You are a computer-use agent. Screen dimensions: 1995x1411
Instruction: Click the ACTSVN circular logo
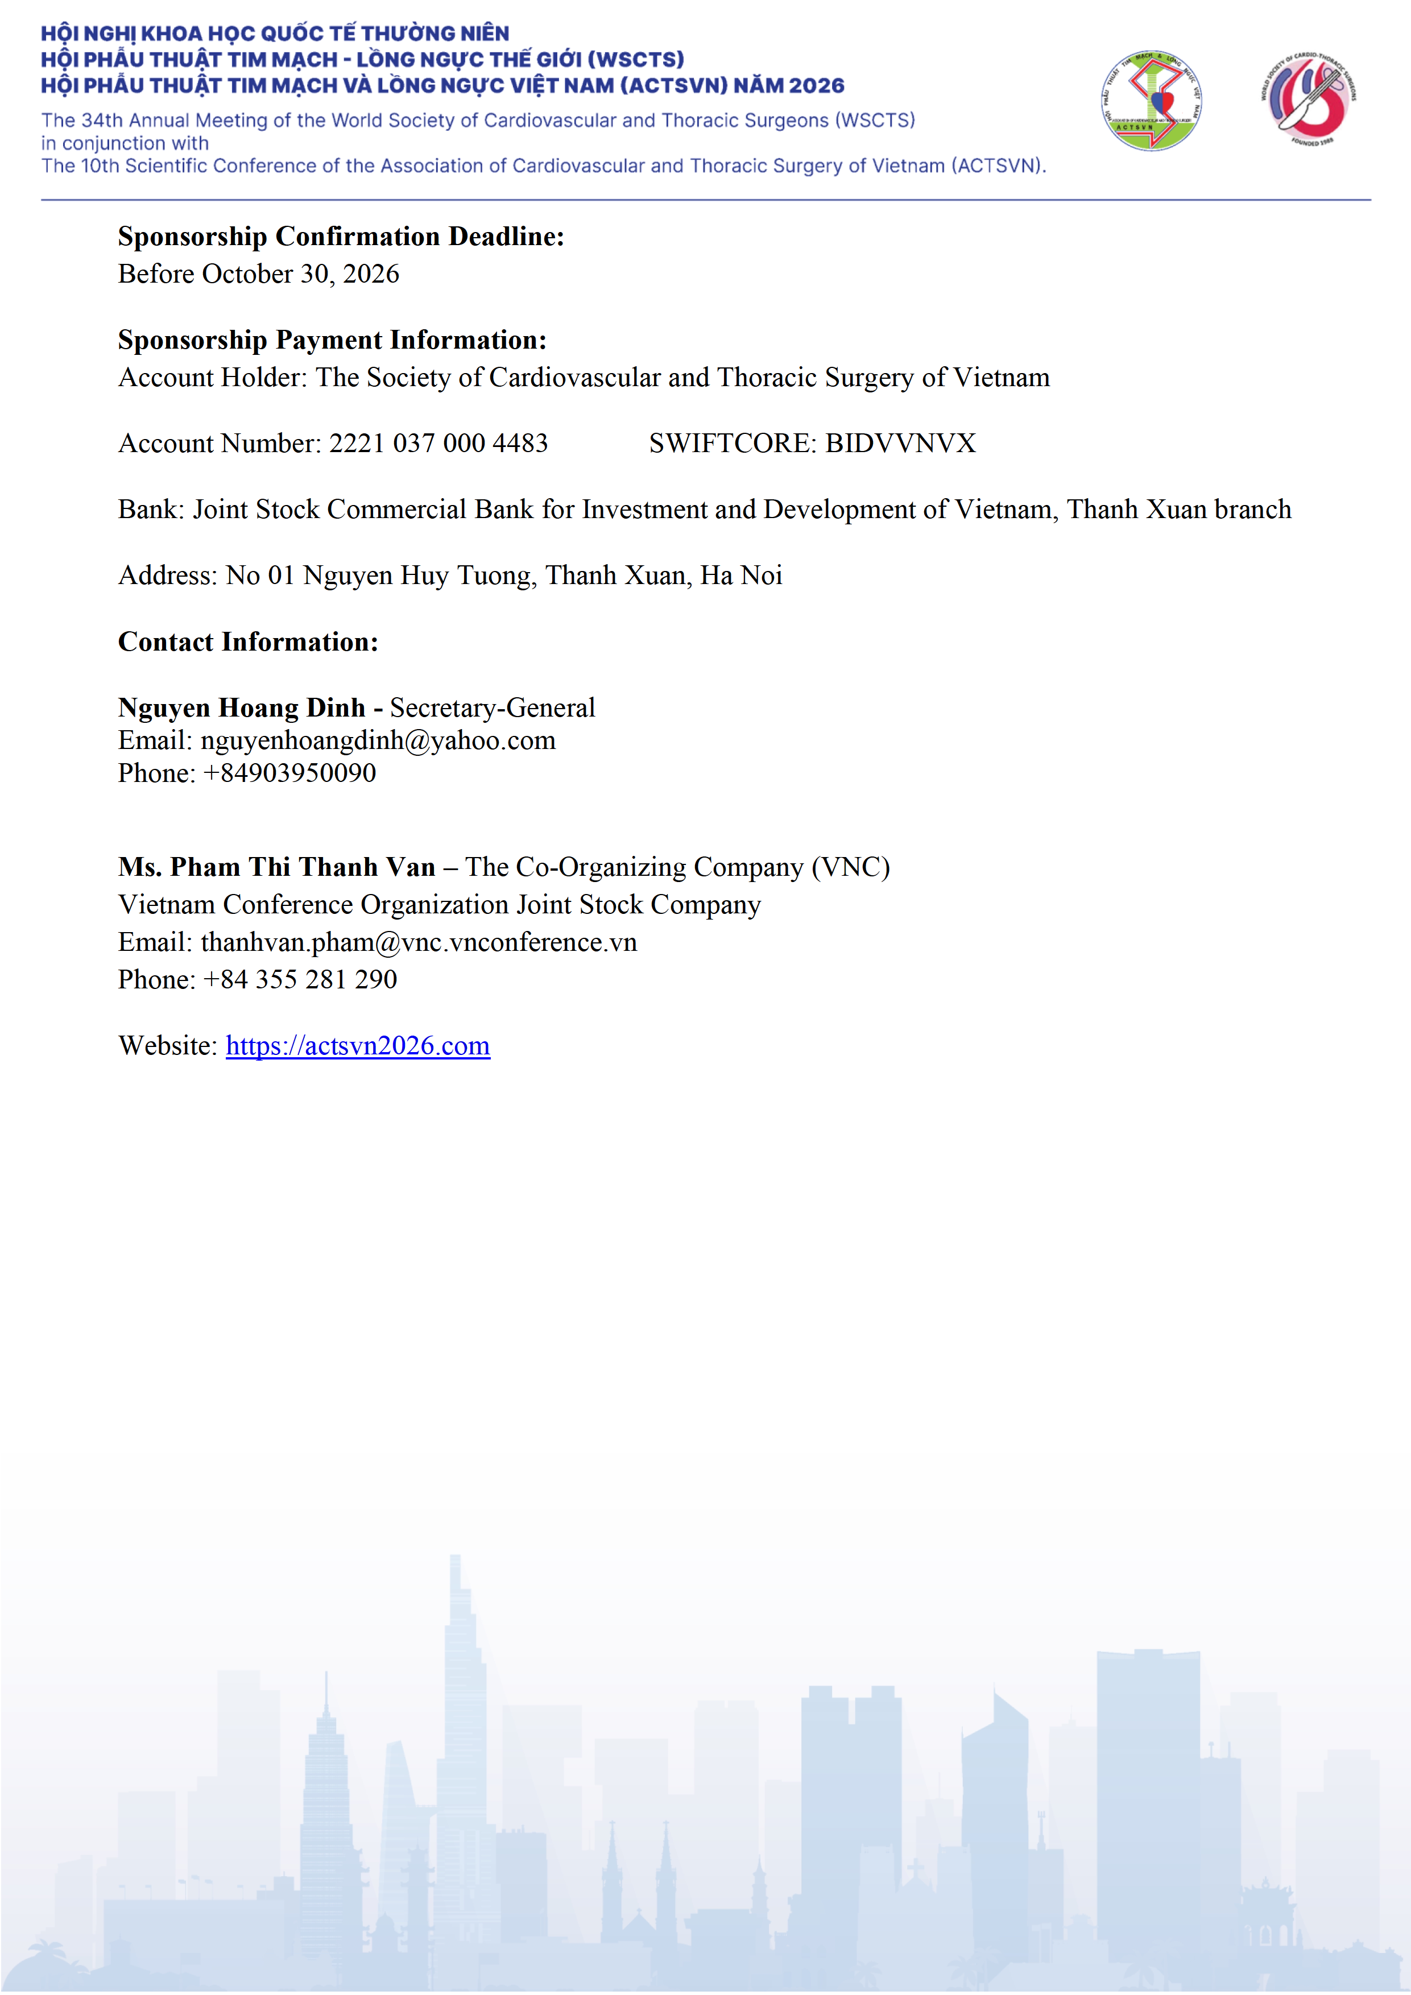(1151, 101)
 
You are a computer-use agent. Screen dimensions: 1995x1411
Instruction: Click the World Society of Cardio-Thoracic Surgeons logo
(1309, 99)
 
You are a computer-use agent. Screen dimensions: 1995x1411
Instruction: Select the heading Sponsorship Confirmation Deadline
(341, 237)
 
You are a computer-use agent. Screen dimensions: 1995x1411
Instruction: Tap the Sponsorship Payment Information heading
(332, 340)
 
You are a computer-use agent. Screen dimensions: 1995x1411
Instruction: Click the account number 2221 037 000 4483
(438, 443)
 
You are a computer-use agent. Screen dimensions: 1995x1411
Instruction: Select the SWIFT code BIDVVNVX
(900, 443)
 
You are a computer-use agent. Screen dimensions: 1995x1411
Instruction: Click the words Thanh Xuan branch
(1179, 509)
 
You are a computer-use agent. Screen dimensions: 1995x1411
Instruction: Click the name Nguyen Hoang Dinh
(242, 708)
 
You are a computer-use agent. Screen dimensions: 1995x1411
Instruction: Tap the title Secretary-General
(492, 708)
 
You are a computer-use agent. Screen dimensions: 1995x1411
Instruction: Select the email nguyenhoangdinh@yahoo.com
(378, 740)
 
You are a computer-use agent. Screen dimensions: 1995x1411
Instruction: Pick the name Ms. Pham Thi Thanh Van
(276, 867)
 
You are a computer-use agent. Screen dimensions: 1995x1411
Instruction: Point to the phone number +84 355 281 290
(300, 980)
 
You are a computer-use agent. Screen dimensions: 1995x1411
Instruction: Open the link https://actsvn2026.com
(358, 1046)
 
